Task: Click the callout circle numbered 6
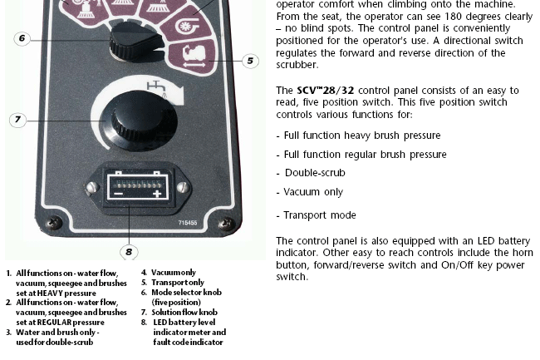22,38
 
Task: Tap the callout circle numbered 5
250,61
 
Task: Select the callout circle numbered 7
17,120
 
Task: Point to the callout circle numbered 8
129,252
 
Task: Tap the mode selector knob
135,43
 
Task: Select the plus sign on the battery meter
157,193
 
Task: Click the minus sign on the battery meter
118,194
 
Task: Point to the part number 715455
188,223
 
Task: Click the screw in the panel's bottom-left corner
54,222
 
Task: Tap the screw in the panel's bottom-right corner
226,224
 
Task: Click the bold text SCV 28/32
326,91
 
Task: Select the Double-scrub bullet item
311,173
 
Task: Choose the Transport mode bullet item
317,215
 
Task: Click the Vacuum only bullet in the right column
310,192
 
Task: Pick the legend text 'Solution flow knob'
184,313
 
